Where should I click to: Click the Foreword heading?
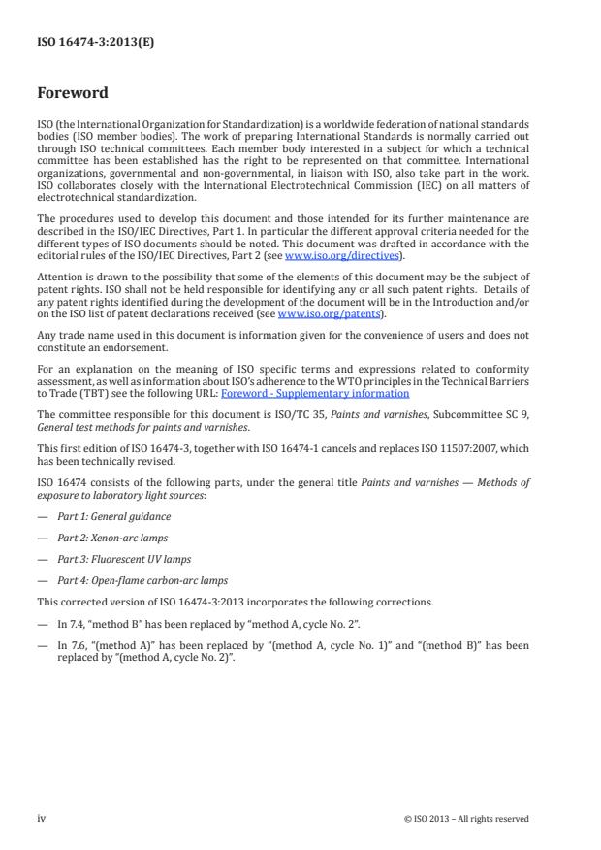pyautogui.click(x=72, y=94)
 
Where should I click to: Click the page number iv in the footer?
pyautogui.click(x=42, y=818)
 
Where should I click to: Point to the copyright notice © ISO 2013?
pyautogui.click(x=466, y=819)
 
